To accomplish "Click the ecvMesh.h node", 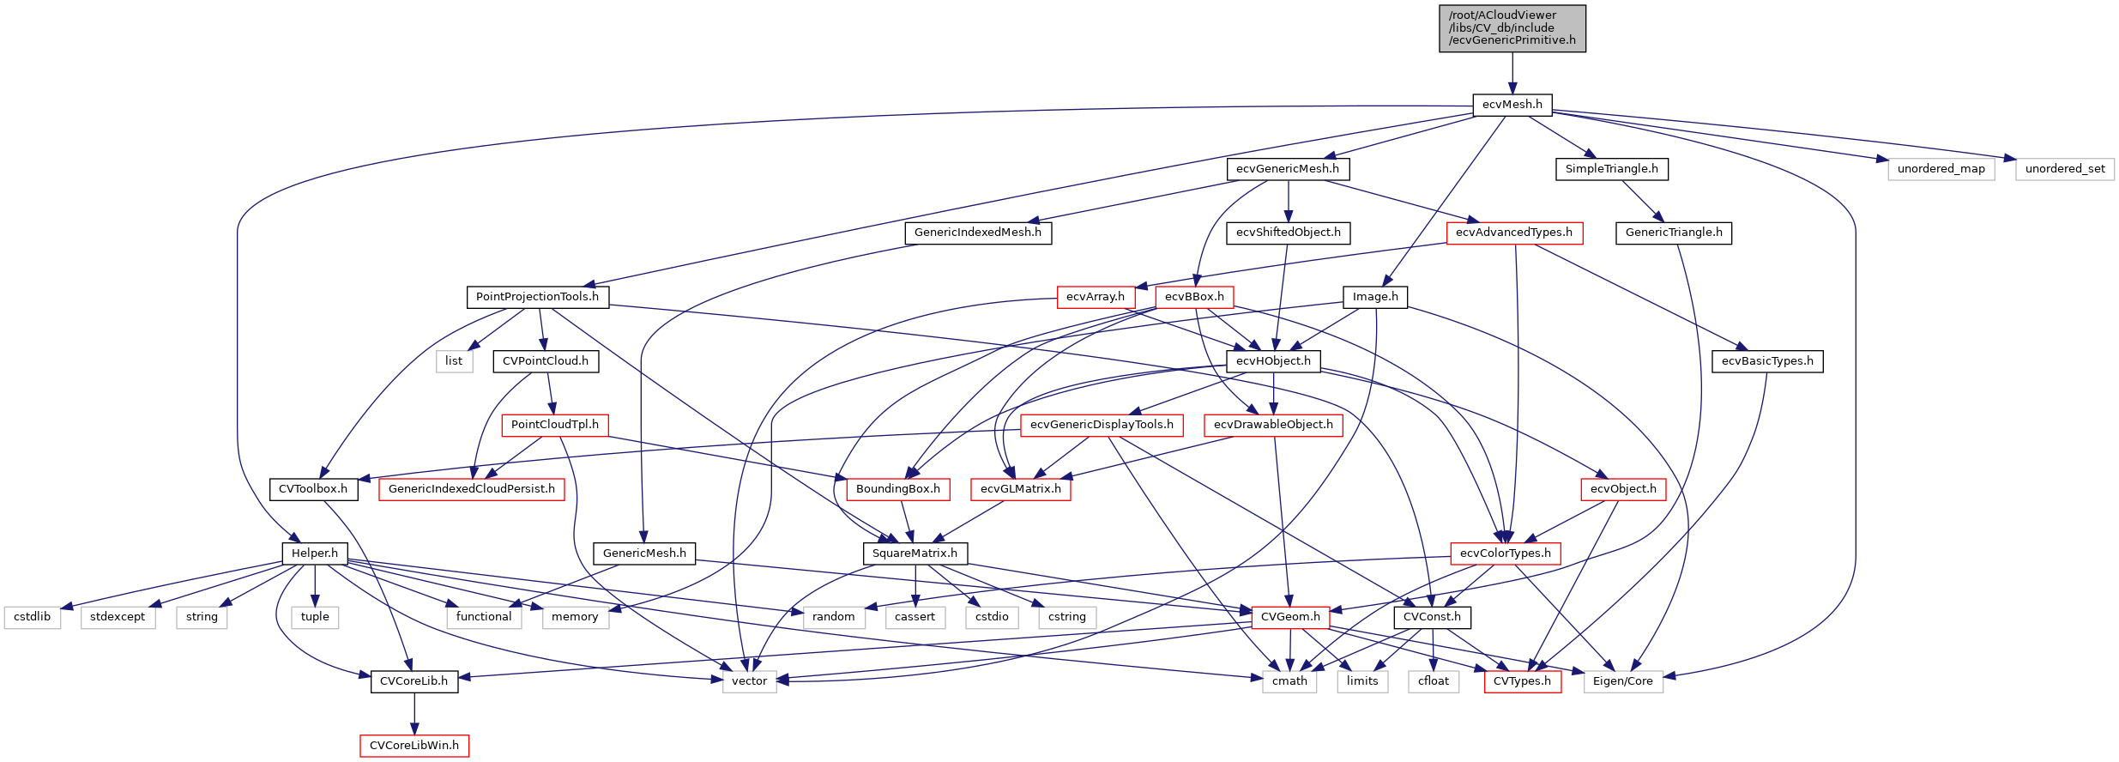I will (1512, 105).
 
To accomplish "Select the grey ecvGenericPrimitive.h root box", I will (1512, 28).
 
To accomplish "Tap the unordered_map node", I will (1941, 169).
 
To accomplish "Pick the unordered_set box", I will (2064, 169).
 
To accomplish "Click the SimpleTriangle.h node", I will (1611, 169).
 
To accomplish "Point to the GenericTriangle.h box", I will (1673, 233).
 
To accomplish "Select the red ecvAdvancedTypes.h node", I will (1513, 233).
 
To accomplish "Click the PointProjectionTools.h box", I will (537, 297).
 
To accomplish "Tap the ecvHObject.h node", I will (1273, 361).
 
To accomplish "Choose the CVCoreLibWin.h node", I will (414, 746).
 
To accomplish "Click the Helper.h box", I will (315, 553).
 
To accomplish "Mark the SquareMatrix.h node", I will (915, 553).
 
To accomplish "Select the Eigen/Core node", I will (1622, 681).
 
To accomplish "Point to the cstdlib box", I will (32, 617).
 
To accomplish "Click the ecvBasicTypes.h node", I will (1766, 361).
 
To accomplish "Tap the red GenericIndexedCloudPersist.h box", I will (471, 489).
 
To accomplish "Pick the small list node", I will (453, 361).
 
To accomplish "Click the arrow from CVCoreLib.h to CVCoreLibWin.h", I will (414, 713).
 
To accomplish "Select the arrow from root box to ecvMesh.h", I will (1512, 73).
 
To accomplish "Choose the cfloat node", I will (1433, 681).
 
